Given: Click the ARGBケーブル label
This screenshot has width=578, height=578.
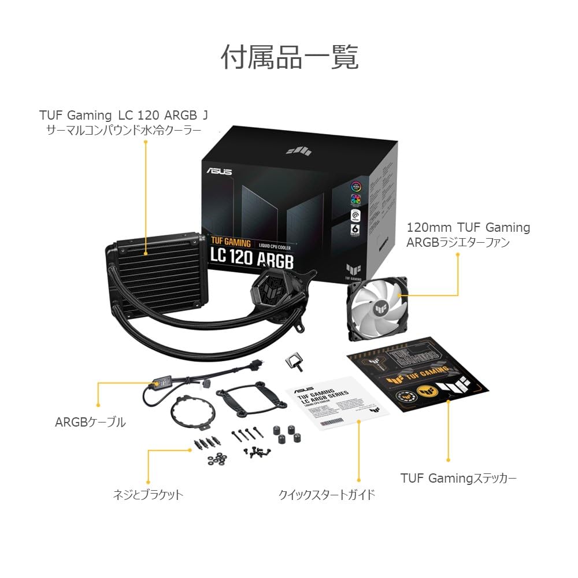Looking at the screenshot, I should pyautogui.click(x=90, y=423).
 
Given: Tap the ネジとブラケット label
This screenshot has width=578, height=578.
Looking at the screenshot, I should pyautogui.click(x=147, y=494).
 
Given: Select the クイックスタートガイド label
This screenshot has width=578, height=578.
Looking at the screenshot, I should pyautogui.click(x=327, y=494).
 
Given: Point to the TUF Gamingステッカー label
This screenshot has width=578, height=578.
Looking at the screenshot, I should pyautogui.click(x=458, y=478).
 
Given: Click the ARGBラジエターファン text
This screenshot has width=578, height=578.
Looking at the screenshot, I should pyautogui.click(x=458, y=243).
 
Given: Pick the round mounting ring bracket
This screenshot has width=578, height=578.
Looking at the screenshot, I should pyautogui.click(x=193, y=412).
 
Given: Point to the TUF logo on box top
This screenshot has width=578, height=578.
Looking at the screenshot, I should pyautogui.click(x=299, y=150).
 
